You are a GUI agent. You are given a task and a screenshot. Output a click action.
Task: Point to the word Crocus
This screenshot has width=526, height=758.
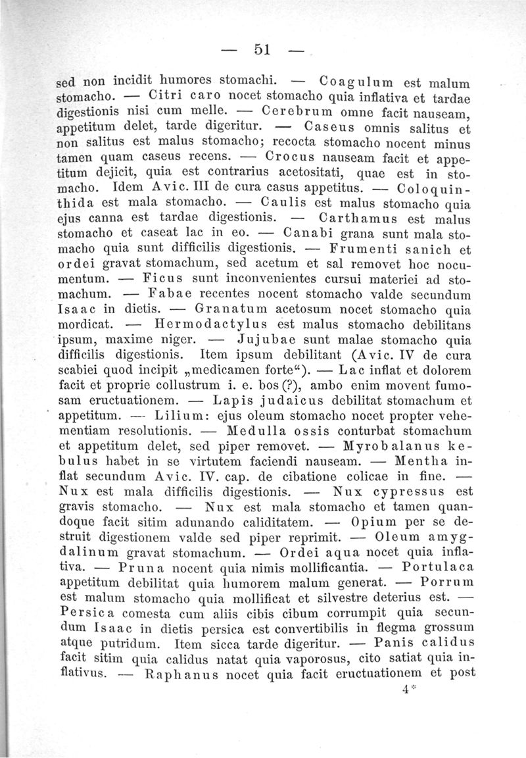coord(291,158)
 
